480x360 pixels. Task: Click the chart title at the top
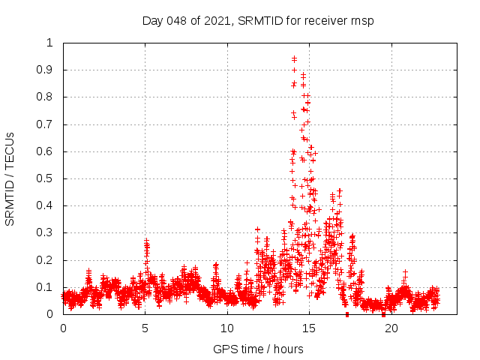tap(258, 20)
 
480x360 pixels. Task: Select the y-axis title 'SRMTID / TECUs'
tap(10, 178)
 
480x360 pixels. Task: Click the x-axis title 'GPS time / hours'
tap(258, 349)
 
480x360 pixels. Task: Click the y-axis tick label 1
tap(50, 43)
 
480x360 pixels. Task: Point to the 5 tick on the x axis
tap(145, 328)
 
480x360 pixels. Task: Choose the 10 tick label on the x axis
tap(227, 328)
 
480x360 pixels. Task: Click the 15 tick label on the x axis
tap(309, 328)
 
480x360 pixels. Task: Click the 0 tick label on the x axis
tap(63, 328)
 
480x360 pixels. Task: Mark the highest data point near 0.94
tap(294, 58)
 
